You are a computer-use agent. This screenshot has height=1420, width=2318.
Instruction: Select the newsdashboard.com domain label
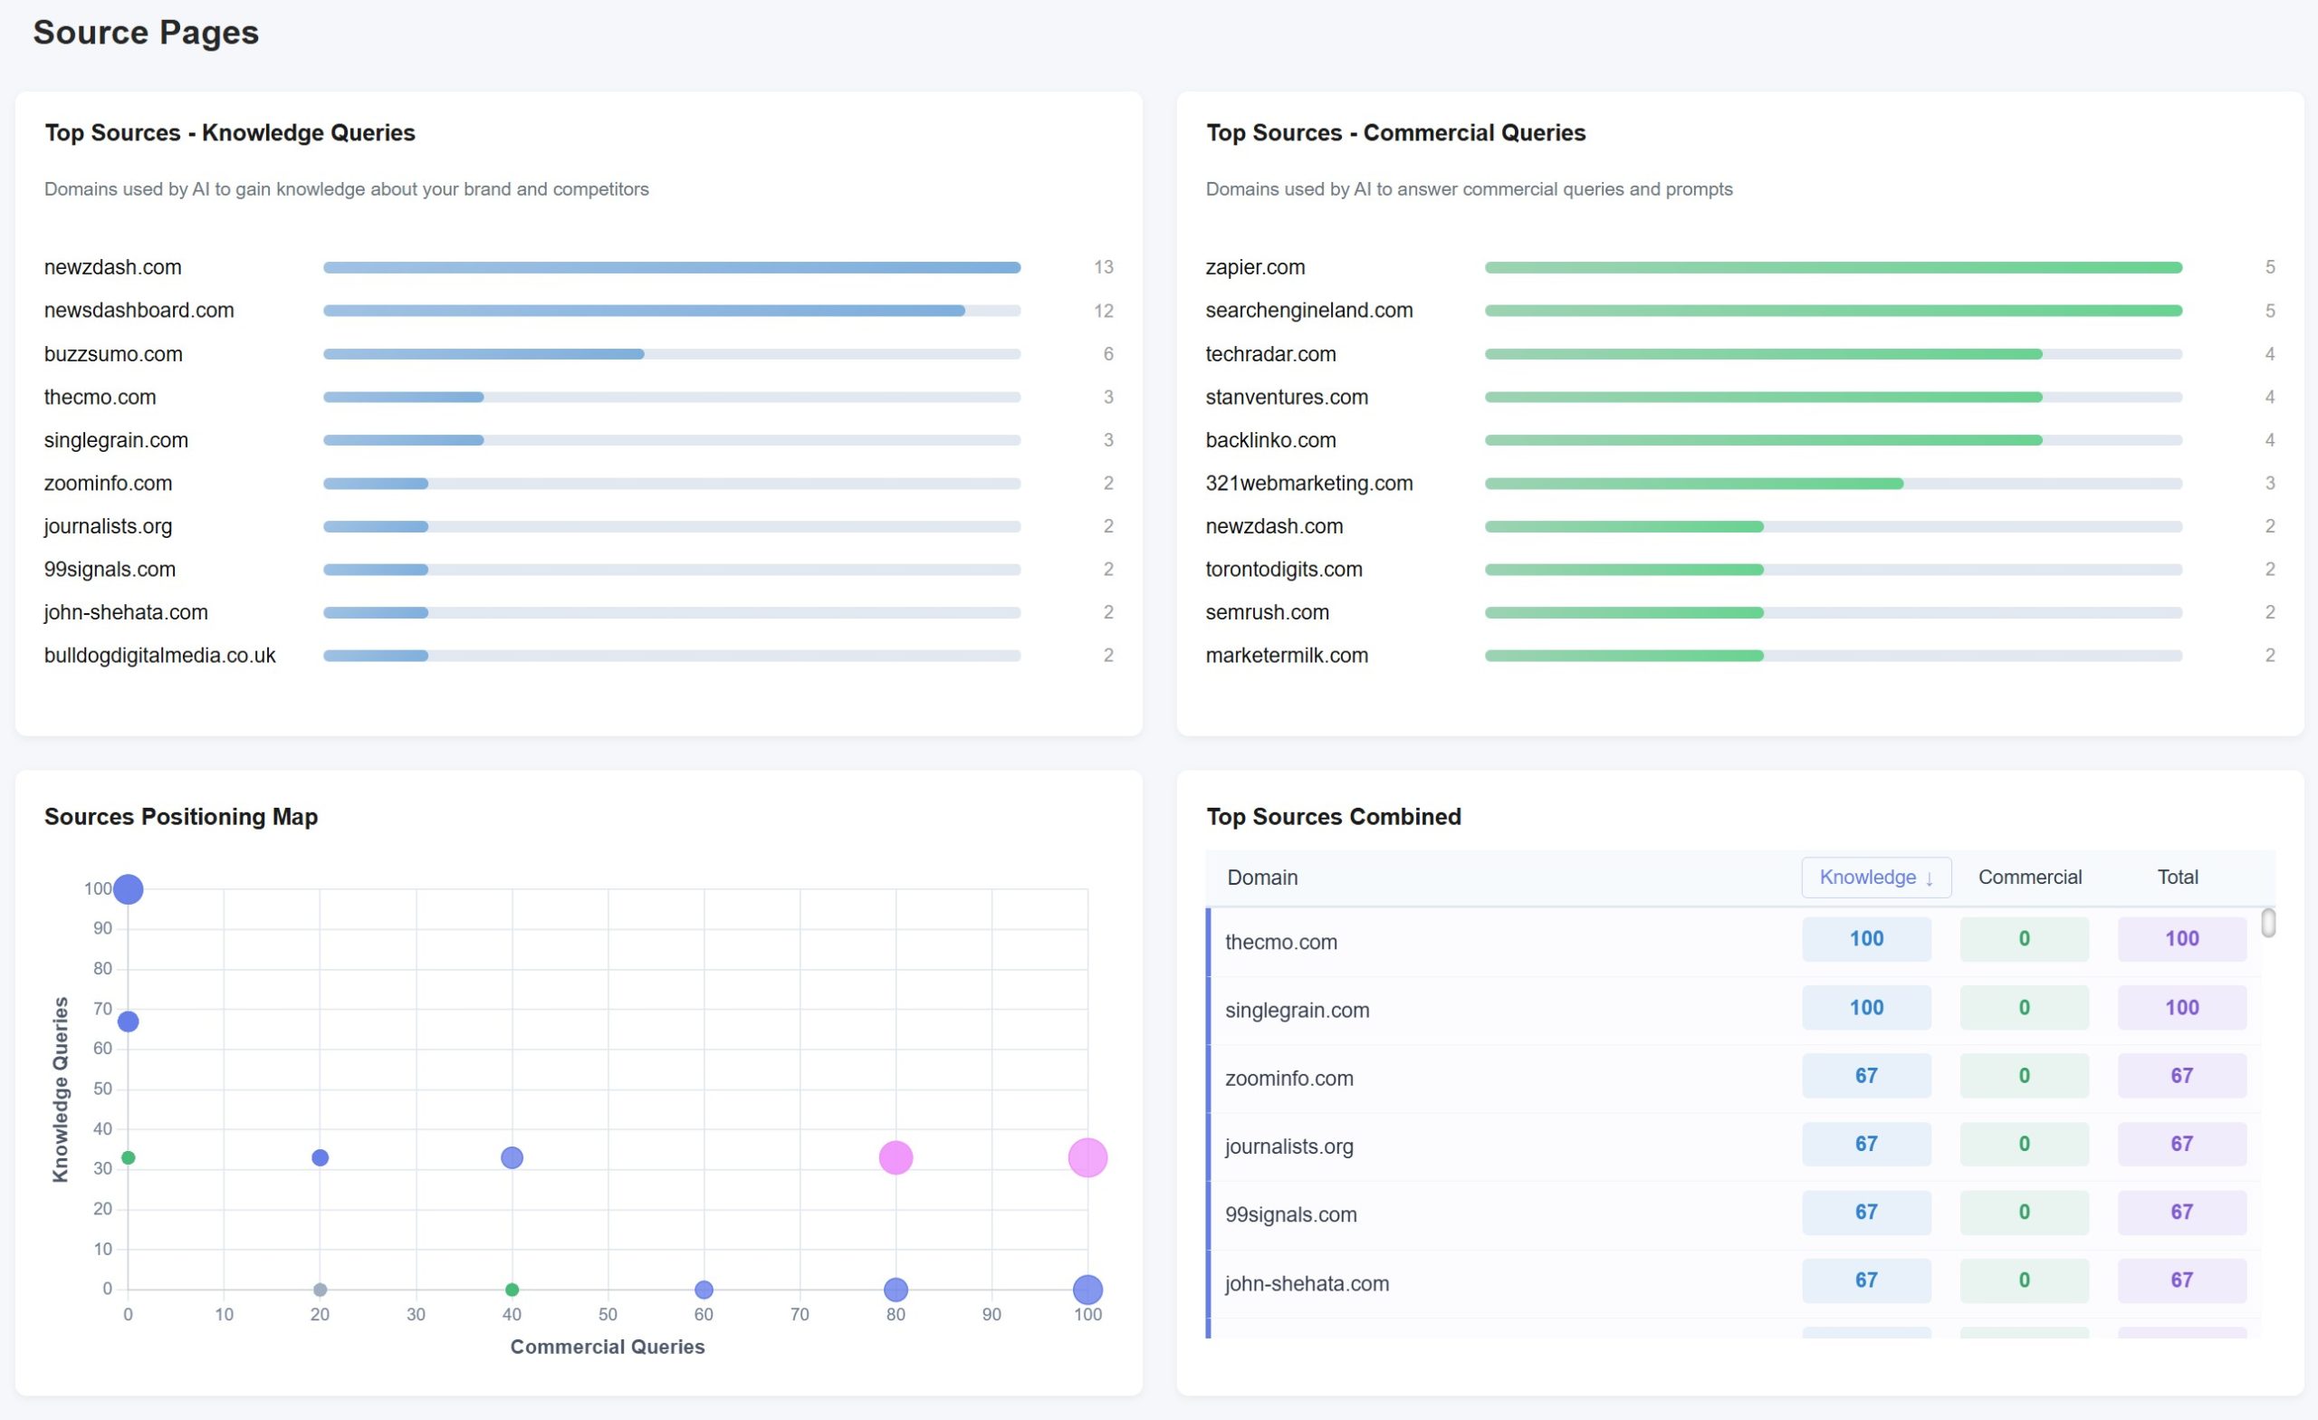coord(139,311)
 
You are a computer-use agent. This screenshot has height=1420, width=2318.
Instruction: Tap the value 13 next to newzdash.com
coord(1103,267)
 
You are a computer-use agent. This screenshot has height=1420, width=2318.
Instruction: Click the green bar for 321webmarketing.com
coord(1693,484)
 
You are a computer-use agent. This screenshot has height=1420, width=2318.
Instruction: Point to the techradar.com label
coord(1270,354)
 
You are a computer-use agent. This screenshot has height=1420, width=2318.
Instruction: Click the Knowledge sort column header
coord(1875,877)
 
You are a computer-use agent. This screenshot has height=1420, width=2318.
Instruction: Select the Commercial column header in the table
coord(2029,877)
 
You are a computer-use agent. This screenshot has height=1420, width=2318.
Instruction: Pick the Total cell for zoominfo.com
coord(2180,1076)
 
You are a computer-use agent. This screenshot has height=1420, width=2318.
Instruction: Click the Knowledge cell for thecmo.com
coord(1865,939)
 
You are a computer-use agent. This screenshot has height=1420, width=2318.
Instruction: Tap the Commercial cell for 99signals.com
coord(2024,1212)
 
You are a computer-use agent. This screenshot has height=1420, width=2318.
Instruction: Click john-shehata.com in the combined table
coord(1306,1283)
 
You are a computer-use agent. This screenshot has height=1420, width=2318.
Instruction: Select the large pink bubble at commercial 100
coord(1087,1157)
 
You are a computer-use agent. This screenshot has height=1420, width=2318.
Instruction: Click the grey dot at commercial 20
coord(320,1290)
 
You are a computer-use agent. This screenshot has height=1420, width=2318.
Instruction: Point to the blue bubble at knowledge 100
coord(128,888)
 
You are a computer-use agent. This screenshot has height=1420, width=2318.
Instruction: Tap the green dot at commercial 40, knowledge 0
coord(512,1290)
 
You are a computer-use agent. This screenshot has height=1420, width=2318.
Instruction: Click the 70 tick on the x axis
coord(800,1315)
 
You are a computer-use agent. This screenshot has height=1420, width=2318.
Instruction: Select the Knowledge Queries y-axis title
coord(60,1089)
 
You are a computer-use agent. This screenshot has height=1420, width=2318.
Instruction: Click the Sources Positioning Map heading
coord(180,817)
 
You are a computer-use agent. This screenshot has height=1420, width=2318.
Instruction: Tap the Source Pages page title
coord(146,33)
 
